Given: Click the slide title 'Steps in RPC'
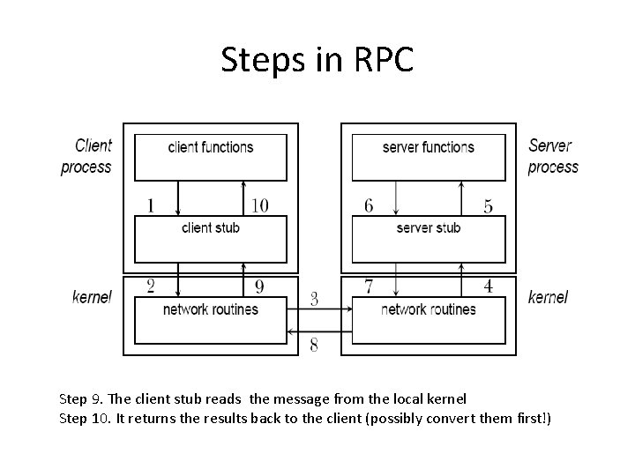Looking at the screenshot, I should tap(317, 60).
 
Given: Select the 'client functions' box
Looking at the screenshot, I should tap(210, 157).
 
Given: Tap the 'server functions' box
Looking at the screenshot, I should tap(429, 157).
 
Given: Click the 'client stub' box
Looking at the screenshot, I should tap(210, 238).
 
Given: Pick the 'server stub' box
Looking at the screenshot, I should tap(429, 238).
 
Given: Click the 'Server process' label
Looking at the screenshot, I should tap(553, 156).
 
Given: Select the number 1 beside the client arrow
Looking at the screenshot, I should tap(151, 206).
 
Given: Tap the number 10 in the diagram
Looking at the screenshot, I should tap(259, 206).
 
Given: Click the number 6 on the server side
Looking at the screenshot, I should tap(369, 206).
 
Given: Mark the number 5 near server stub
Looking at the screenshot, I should tap(488, 206).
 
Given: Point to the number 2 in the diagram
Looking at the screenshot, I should tap(151, 286).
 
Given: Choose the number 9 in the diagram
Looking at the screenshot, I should tap(259, 286).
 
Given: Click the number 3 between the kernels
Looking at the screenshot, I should tap(314, 299).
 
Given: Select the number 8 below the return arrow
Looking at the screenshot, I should tap(314, 345).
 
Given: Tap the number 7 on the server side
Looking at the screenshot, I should tap(369, 286).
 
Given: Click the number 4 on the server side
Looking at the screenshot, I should tap(488, 286).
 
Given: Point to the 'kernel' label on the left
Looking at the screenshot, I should tap(92, 297).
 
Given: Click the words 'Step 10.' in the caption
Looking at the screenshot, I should tap(86, 417).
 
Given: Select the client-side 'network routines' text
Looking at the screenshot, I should tap(210, 309).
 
